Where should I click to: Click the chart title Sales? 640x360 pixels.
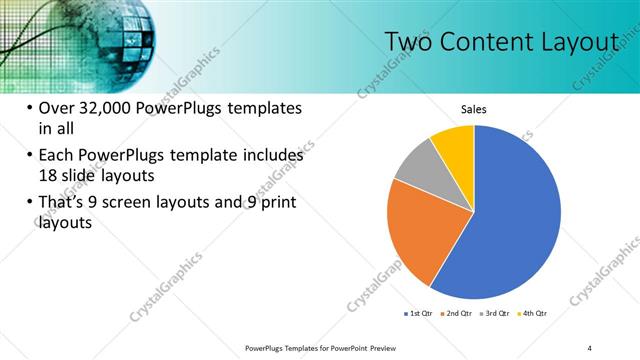(474, 109)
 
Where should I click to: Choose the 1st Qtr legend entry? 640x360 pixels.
(417, 313)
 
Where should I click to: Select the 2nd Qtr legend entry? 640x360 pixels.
(456, 313)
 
